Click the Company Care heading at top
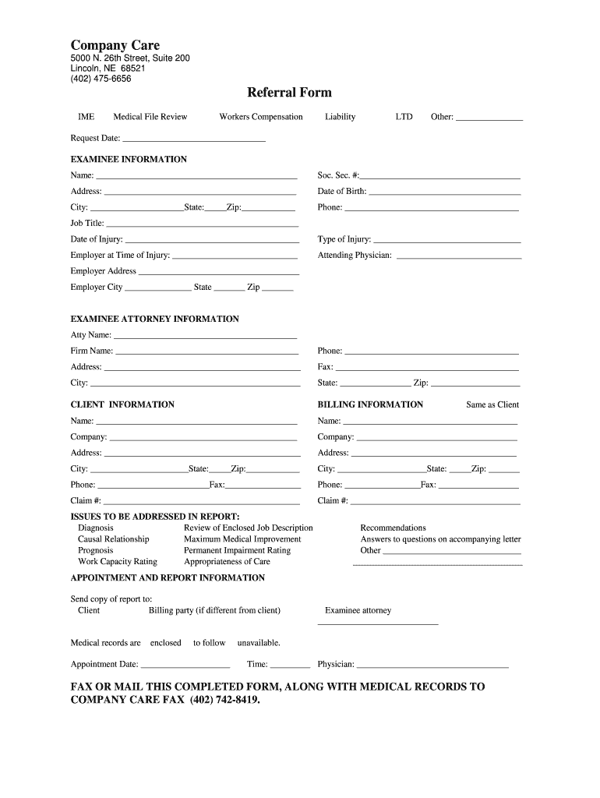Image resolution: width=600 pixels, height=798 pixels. [115, 45]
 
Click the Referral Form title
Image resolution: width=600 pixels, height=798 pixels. [289, 93]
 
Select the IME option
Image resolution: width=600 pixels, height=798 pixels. [86, 117]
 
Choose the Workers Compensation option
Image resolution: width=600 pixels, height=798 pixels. [260, 117]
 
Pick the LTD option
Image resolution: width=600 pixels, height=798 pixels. [404, 117]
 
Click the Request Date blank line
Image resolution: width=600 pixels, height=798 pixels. [194, 139]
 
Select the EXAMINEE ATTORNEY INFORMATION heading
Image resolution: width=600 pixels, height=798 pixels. [154, 320]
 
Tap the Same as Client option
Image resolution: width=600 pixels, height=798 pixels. [492, 405]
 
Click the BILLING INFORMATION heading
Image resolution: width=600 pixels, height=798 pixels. [370, 405]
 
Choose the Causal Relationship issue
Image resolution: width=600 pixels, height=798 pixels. [113, 539]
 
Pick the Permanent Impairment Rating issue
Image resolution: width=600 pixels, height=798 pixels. [237, 550]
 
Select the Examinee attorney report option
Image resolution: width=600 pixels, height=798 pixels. [358, 611]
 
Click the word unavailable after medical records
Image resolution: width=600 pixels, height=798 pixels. [259, 644]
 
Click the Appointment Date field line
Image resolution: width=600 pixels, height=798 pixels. [185, 666]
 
